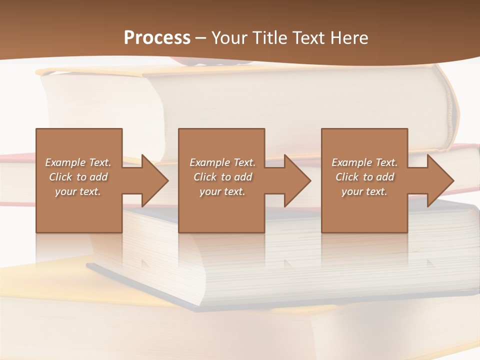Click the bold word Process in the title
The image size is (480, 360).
157,38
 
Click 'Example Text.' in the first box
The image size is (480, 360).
78,162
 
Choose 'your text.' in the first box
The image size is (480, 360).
78,191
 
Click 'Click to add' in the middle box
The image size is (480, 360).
222,177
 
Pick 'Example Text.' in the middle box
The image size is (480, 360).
222,162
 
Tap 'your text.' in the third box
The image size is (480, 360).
364,191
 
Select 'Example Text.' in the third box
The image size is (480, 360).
364,162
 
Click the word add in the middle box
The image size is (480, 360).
243,177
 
